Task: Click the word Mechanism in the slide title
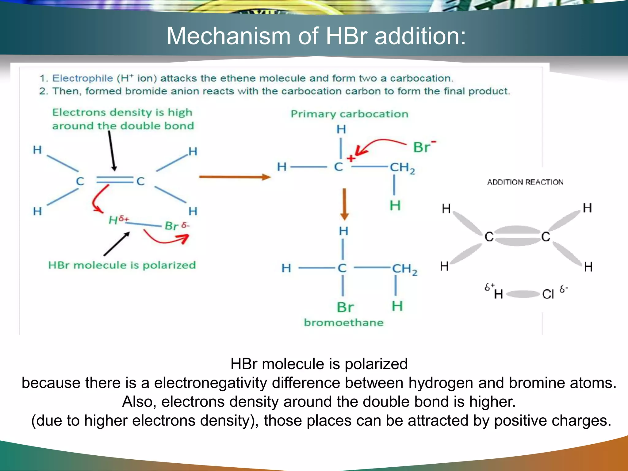[x=228, y=36]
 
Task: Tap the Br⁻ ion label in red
[x=424, y=147]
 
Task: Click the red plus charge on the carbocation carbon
[x=351, y=159]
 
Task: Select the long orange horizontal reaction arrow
[x=235, y=177]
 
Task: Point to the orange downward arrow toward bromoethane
[x=344, y=204]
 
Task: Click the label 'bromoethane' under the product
[x=344, y=323]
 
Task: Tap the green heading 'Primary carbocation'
[x=350, y=114]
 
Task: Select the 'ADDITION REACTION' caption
[x=525, y=182]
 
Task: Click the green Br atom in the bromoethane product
[x=345, y=307]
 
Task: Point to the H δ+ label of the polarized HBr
[x=118, y=220]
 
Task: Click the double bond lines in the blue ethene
[x=114, y=180]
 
